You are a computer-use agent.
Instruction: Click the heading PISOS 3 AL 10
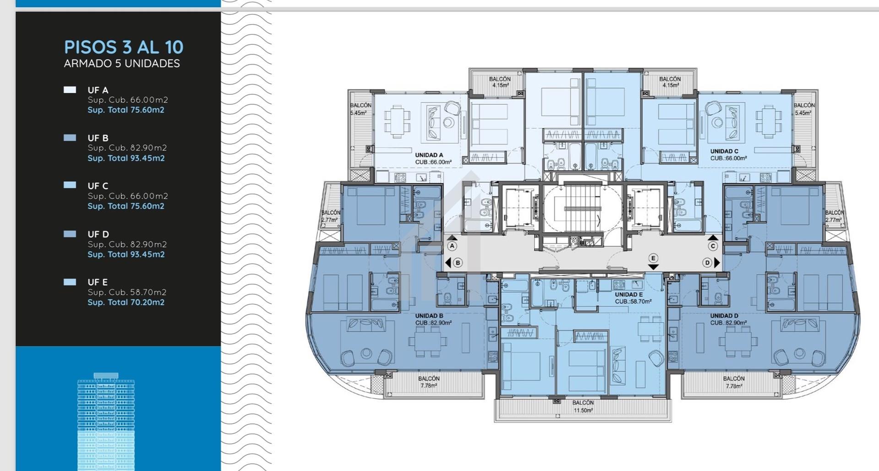pyautogui.click(x=124, y=47)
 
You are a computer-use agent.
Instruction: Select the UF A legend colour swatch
pyautogui.click(x=70, y=90)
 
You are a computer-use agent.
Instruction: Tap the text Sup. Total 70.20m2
pyautogui.click(x=126, y=302)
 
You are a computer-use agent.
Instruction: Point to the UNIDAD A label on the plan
pyautogui.click(x=429, y=155)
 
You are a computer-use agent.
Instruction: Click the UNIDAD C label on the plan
pyautogui.click(x=724, y=152)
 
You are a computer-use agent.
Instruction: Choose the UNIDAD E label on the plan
pyautogui.click(x=629, y=295)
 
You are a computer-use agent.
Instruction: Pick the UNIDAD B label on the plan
pyautogui.click(x=429, y=316)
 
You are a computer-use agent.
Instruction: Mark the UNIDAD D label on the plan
pyautogui.click(x=724, y=316)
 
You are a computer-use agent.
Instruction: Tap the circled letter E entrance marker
pyautogui.click(x=653, y=258)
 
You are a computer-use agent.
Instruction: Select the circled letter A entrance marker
pyautogui.click(x=452, y=246)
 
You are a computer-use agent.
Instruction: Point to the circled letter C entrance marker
pyautogui.click(x=713, y=246)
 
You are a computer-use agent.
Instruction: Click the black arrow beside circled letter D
pyautogui.click(x=717, y=263)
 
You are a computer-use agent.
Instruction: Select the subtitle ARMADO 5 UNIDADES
pyautogui.click(x=122, y=64)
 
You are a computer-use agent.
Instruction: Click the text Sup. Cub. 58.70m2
pyautogui.click(x=127, y=292)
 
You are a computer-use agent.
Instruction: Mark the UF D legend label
pyautogui.click(x=98, y=234)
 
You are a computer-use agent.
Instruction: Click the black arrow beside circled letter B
pyautogui.click(x=448, y=263)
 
